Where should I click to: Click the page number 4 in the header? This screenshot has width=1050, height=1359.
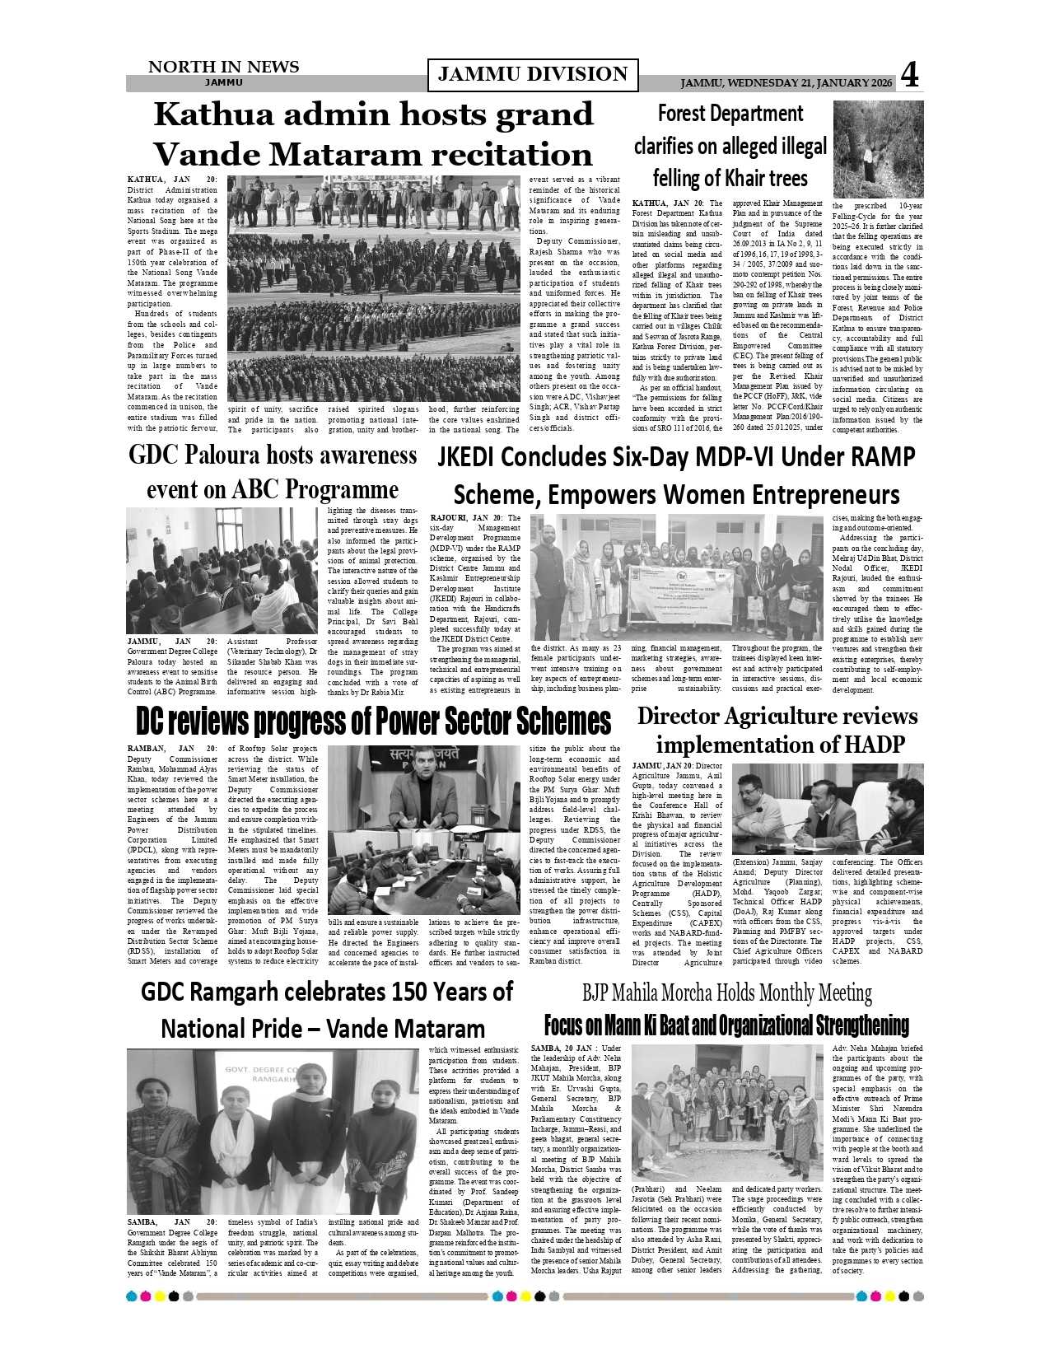pos(909,75)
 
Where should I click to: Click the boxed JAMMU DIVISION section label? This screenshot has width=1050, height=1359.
pos(533,74)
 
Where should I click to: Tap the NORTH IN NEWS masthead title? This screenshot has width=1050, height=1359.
pos(223,67)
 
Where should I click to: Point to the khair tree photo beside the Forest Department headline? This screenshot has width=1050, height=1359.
pos(878,149)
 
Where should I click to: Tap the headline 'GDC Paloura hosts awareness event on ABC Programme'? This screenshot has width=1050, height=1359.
pos(273,472)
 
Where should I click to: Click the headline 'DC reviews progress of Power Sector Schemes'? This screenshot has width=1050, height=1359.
pos(373,721)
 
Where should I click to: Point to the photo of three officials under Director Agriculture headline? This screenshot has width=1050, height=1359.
pos(827,809)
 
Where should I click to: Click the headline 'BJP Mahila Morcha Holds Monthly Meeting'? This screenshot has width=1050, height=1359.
pos(726,992)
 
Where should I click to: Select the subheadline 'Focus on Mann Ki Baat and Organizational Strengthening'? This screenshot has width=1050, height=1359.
pos(726,1025)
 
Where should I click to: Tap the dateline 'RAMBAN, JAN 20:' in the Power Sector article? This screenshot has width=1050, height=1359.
pos(172,749)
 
